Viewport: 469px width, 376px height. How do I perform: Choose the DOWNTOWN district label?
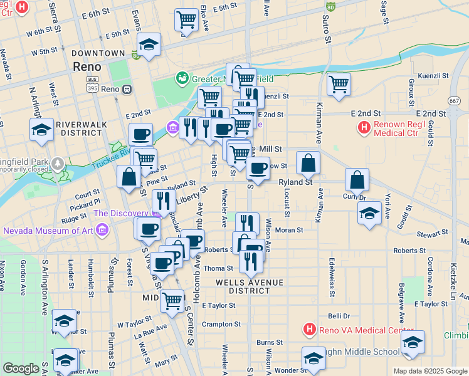point(98,54)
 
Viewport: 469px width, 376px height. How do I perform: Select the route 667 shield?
point(455,101)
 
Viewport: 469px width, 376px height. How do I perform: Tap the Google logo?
point(21,368)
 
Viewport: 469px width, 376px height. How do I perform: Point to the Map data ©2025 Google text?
point(430,371)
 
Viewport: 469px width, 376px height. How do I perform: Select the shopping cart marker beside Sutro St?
point(339,83)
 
